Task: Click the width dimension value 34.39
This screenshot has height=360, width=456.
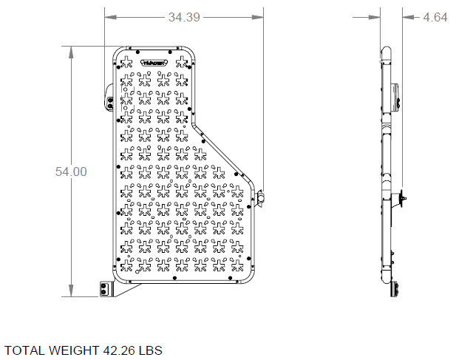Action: [x=184, y=18]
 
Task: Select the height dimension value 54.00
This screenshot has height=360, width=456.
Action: [x=71, y=171]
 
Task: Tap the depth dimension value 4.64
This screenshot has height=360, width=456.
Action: [x=435, y=18]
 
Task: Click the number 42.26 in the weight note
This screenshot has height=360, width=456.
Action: [x=118, y=350]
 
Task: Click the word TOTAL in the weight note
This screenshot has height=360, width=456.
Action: [x=23, y=350]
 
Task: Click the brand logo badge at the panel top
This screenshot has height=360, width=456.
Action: [x=156, y=64]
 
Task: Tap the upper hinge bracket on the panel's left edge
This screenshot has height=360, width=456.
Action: [x=109, y=99]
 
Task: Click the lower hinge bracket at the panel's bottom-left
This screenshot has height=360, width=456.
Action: [x=105, y=287]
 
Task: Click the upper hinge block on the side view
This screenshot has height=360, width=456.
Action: [x=395, y=96]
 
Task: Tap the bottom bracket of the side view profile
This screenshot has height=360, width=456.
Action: [x=395, y=290]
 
